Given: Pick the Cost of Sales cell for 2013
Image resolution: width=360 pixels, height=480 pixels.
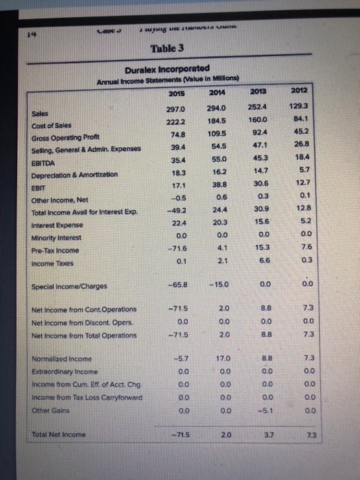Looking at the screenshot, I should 259,121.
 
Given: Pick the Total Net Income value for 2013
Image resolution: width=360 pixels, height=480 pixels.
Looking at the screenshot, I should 259,436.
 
